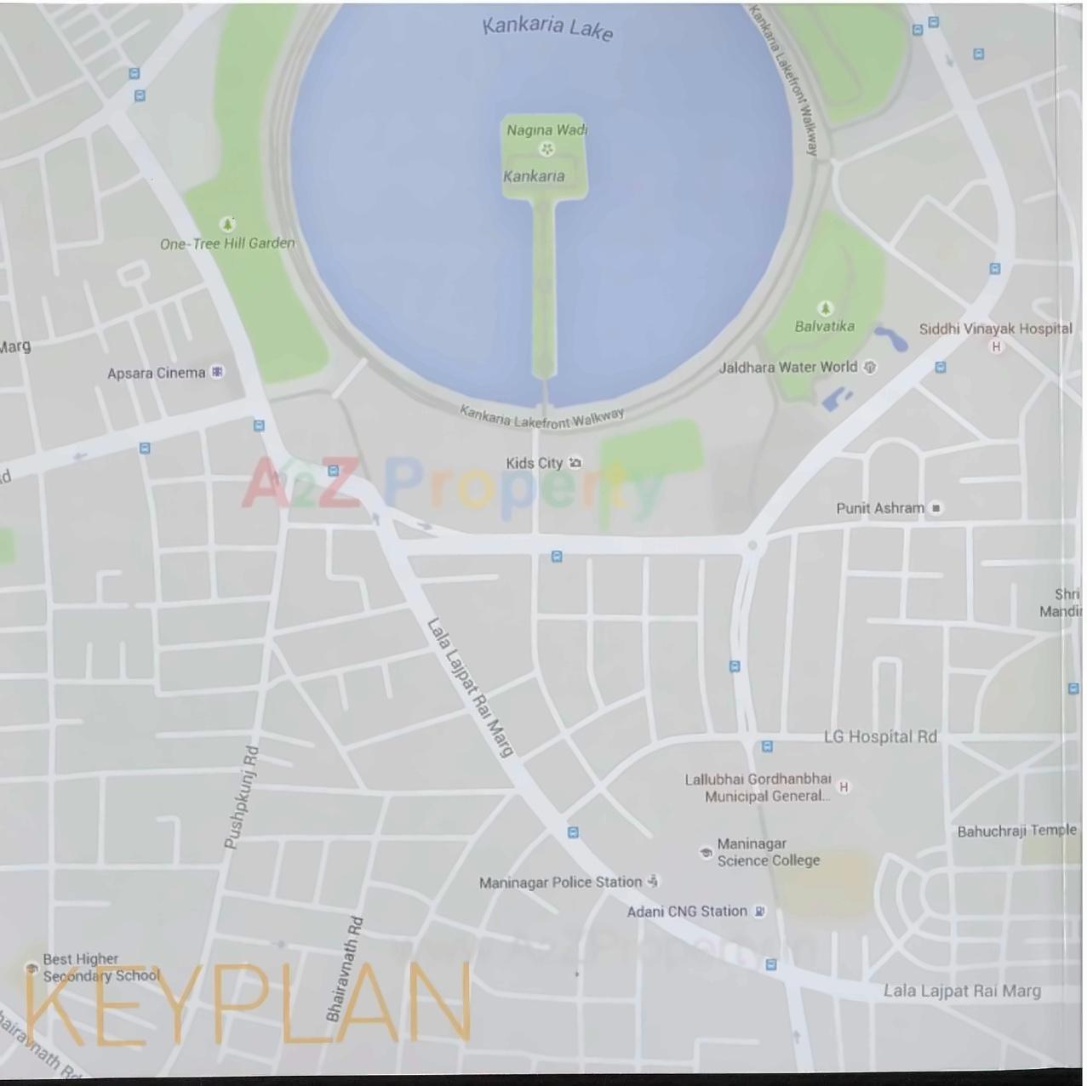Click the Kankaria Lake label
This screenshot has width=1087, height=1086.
[547, 27]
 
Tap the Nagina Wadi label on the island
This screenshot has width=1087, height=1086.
[546, 130]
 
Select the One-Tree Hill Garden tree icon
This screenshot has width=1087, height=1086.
[227, 224]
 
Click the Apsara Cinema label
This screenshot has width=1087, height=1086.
[157, 373]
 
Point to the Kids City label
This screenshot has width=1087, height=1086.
[535, 463]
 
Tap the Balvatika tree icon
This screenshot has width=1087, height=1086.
[824, 307]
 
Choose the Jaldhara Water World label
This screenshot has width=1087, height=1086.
[787, 367]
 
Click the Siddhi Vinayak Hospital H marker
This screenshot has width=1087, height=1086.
[996, 346]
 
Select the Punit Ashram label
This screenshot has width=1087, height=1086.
[879, 508]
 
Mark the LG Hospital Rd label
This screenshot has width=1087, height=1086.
[880, 737]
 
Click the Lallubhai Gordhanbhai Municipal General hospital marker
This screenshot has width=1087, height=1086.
[844, 786]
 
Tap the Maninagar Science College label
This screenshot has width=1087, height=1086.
[768, 852]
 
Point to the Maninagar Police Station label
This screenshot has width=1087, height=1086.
[560, 883]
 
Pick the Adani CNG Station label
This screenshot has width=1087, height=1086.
[687, 912]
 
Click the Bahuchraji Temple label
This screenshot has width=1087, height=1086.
[1016, 831]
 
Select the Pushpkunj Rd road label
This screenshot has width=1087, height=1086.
[241, 797]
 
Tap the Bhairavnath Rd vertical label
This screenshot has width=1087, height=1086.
[345, 969]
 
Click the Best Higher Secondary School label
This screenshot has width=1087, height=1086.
[100, 967]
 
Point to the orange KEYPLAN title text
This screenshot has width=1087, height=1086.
[247, 1005]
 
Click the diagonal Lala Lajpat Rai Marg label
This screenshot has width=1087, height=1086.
[470, 688]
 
